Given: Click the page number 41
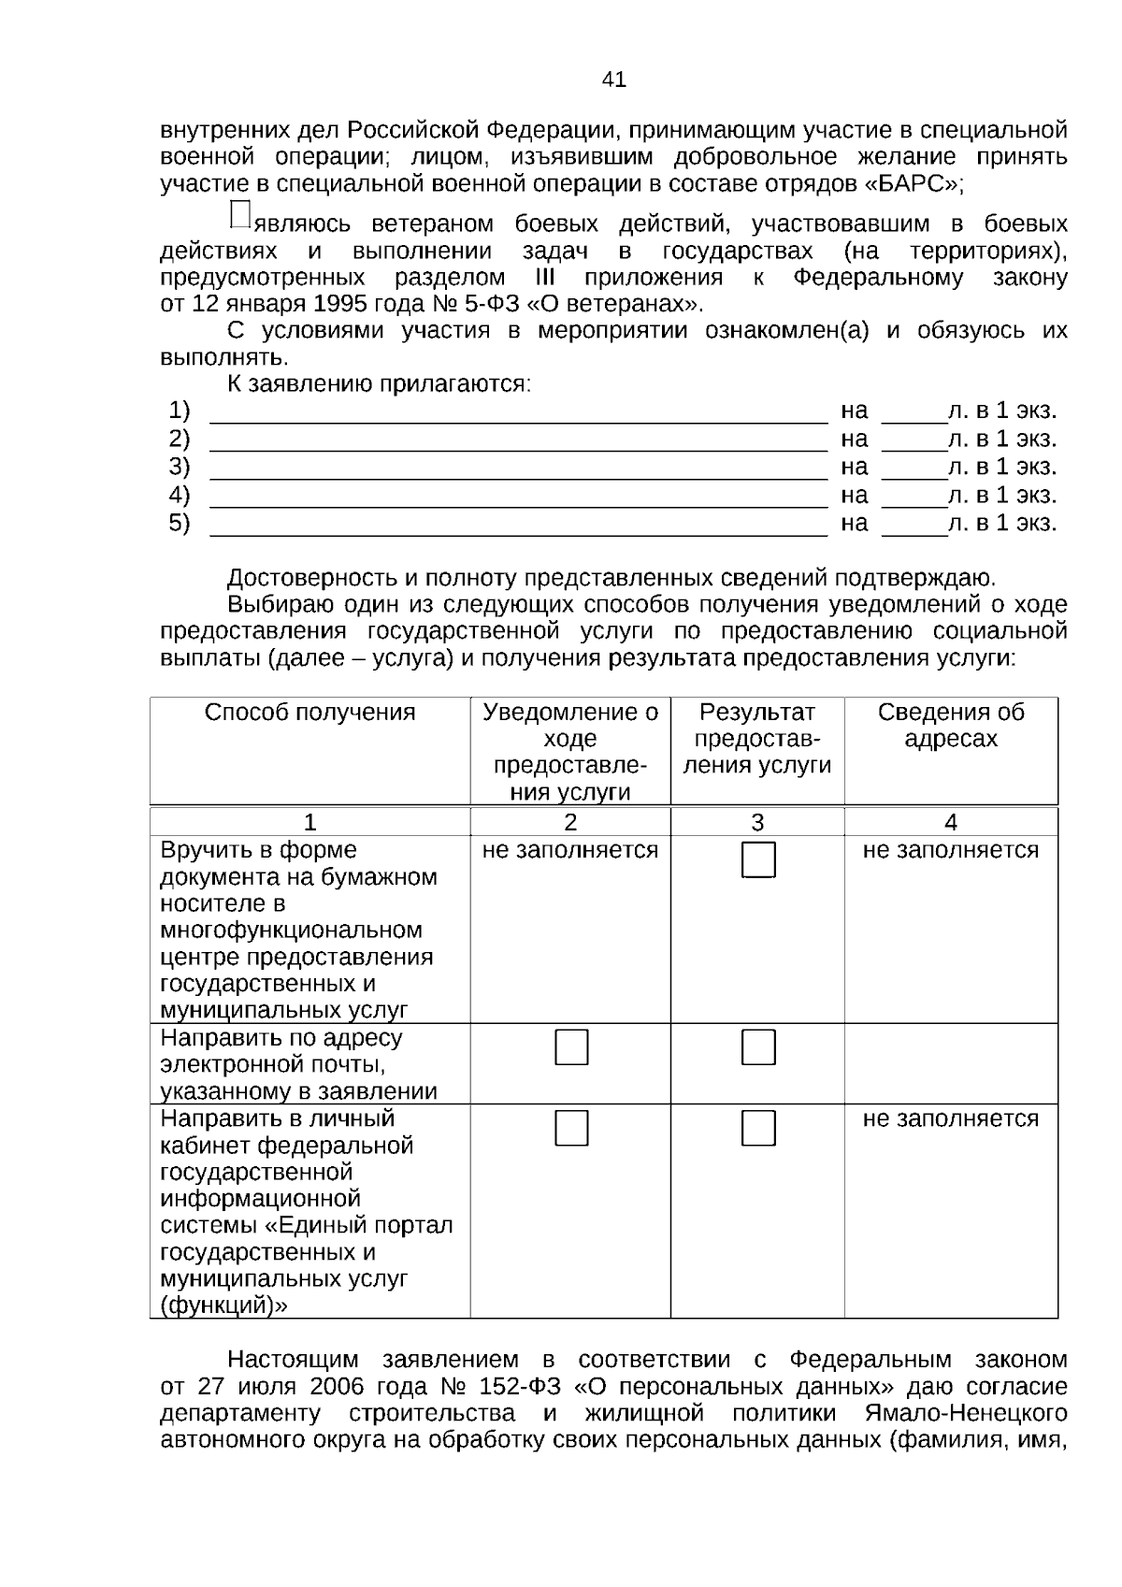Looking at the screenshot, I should coord(613,79).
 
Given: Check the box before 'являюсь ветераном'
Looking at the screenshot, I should coord(239,214).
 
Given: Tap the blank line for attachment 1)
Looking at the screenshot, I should coord(518,413).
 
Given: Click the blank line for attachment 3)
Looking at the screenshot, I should coord(518,469).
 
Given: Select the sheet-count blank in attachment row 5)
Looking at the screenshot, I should coord(913,526).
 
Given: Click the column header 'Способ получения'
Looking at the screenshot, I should coord(309,713).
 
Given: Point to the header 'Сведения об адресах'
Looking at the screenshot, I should coord(950,726).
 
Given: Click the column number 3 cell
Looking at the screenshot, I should coord(757,822).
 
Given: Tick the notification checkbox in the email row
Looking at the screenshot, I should coord(571,1047).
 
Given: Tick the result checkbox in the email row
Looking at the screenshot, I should coord(758,1047).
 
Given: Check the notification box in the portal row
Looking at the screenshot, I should coord(571,1129).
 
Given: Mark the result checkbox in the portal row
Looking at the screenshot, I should coord(758,1129).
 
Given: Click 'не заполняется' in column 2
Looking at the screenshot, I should coord(570,850).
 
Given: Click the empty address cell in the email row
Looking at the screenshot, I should coord(950,1064).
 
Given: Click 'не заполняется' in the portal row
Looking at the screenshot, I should coord(950,1118).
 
